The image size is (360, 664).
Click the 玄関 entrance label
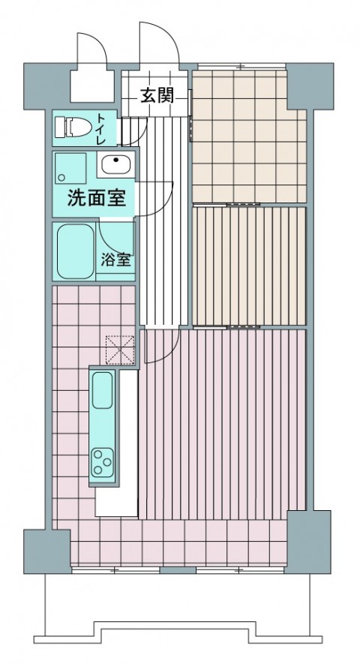156,95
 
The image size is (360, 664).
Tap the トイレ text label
101,129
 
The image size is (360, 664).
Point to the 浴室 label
115,260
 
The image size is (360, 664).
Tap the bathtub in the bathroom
73,251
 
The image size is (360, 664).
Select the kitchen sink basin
103,392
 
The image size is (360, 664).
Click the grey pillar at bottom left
46,551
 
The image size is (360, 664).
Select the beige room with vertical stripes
249,266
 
